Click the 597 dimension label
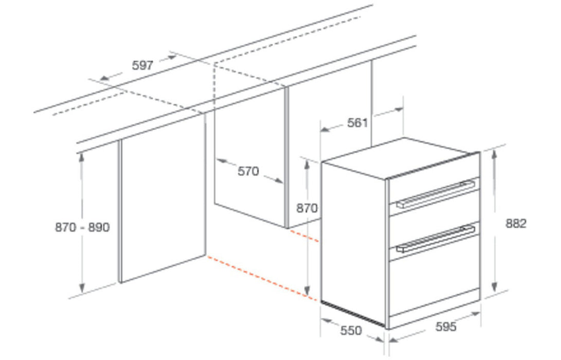(x=142, y=65)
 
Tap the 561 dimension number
(x=357, y=123)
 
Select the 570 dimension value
(x=248, y=171)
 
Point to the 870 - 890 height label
(x=82, y=227)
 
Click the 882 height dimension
(x=516, y=223)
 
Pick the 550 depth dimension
(x=351, y=330)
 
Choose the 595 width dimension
(x=446, y=327)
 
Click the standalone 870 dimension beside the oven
(x=306, y=208)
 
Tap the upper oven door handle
(x=436, y=194)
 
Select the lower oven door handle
(x=436, y=238)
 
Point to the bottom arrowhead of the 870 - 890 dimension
(x=82, y=287)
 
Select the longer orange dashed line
(x=262, y=278)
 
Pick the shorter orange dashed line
(x=304, y=236)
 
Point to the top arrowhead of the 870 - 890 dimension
(x=82, y=157)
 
